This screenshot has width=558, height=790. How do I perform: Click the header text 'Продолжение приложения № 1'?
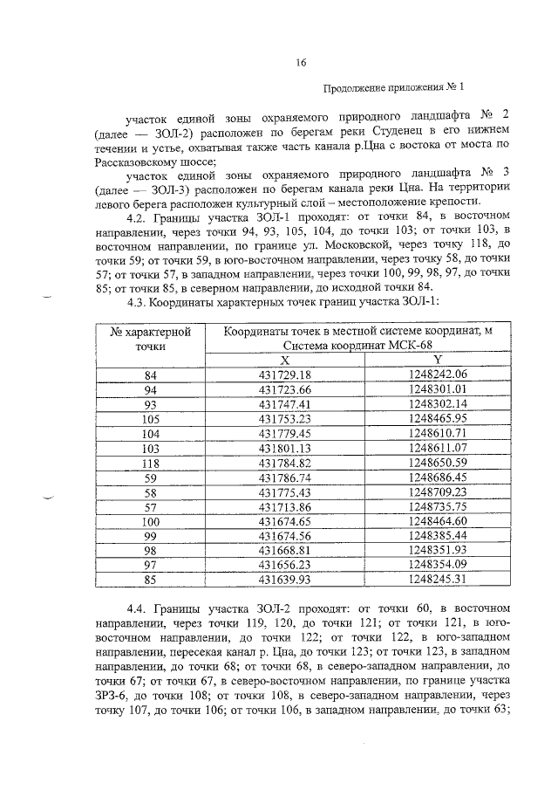[x=394, y=88]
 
